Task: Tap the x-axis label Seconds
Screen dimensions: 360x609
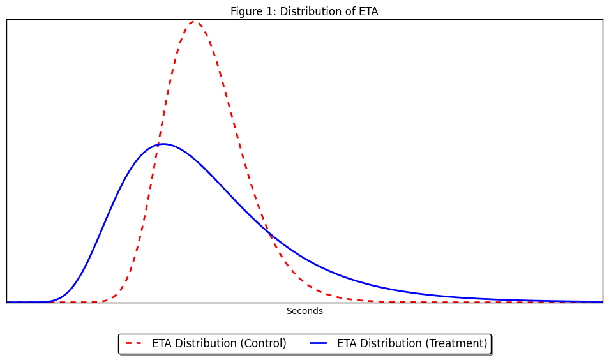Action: (x=304, y=311)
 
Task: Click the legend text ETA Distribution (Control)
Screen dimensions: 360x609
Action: (x=219, y=343)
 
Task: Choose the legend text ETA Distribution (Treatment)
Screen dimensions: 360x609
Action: (x=412, y=343)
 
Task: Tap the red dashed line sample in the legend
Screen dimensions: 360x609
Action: (x=133, y=343)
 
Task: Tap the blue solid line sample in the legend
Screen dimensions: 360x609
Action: (x=319, y=343)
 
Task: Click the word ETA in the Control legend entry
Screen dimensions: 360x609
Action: (x=162, y=343)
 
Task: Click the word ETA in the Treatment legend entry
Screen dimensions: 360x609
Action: (x=347, y=343)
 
